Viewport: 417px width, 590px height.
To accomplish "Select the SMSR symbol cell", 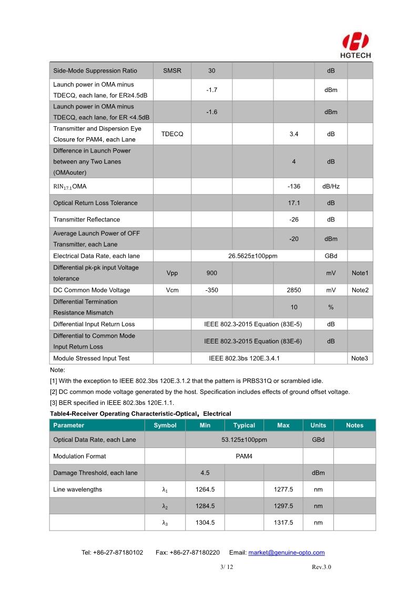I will [x=172, y=71].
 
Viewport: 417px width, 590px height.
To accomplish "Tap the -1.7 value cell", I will [x=211, y=90].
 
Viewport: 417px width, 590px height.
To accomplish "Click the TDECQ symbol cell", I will [x=172, y=134].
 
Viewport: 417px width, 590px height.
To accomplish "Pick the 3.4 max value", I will [x=294, y=134].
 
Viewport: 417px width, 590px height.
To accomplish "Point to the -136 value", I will [x=294, y=186].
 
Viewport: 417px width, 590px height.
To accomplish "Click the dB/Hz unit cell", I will [x=331, y=186].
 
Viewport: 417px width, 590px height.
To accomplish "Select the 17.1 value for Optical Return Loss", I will [x=294, y=203].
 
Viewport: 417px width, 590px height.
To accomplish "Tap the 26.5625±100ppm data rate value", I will [x=252, y=256].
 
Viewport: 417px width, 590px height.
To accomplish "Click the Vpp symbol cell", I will [x=172, y=273].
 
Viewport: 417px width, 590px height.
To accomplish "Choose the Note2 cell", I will [x=360, y=290].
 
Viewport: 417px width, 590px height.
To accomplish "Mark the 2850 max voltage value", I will [x=294, y=290].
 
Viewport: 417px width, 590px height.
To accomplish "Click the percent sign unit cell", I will [x=331, y=307].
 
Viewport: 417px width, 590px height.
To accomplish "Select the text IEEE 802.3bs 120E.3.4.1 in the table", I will [x=244, y=358].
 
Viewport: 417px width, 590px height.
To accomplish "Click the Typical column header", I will [x=244, y=425].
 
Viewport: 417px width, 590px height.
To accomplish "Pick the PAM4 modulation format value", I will [x=244, y=456].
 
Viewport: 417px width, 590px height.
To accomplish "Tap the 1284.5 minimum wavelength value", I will [x=205, y=506].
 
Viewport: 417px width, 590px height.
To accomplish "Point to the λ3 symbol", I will [x=165, y=523].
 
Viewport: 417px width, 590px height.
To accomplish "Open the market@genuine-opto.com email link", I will [x=286, y=553].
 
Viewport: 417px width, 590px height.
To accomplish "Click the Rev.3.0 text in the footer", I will [x=321, y=567].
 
